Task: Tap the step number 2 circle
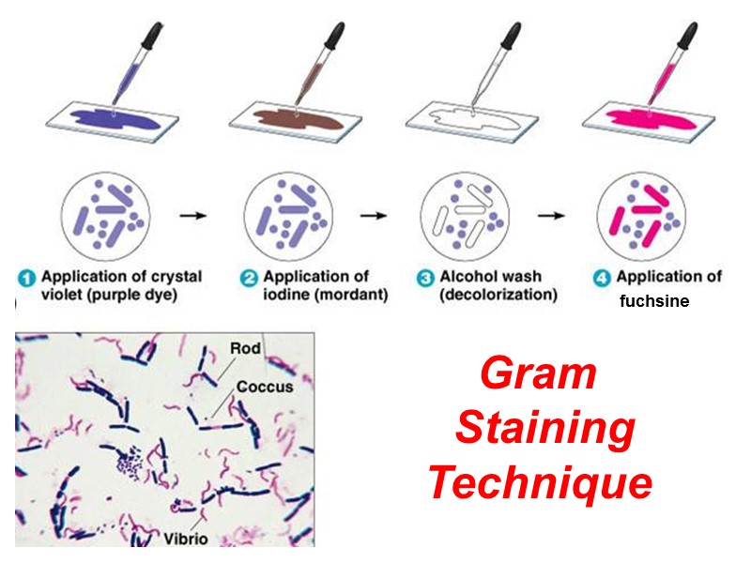250,278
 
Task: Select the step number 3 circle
422,278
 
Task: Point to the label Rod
245,349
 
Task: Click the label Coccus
264,386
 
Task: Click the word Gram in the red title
538,374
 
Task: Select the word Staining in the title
544,430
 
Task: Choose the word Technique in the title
540,484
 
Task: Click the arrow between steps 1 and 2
193,216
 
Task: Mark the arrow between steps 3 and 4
551,216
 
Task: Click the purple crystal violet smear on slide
101,121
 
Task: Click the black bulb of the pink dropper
684,36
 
